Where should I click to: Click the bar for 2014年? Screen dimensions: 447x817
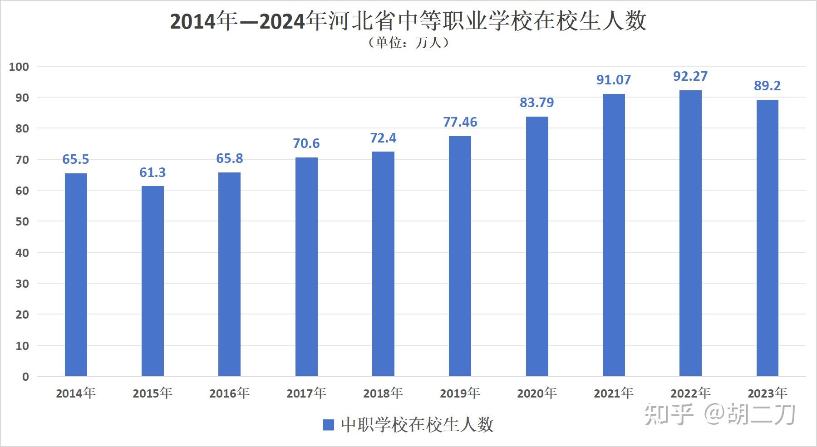pyautogui.click(x=76, y=275)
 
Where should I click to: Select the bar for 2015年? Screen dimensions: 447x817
pyautogui.click(x=153, y=281)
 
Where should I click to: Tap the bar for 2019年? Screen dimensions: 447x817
pyautogui.click(x=460, y=256)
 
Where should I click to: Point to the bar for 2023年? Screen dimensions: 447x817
pyautogui.click(x=767, y=238)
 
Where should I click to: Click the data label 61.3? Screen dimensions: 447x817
pyautogui.click(x=153, y=172)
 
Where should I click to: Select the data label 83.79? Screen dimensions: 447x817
pyautogui.click(x=536, y=103)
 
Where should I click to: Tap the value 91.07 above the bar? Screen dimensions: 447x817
pyautogui.click(x=613, y=80)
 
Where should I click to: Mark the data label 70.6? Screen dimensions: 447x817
pyautogui.click(x=306, y=143)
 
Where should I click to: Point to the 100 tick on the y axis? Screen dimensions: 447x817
pyautogui.click(x=19, y=67)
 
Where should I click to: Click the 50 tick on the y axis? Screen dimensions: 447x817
pyautogui.click(x=22, y=221)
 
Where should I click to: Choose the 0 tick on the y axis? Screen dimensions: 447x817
pyautogui.click(x=25, y=376)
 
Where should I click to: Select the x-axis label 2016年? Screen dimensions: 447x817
pyautogui.click(x=229, y=393)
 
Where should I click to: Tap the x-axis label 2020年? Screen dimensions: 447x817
pyautogui.click(x=536, y=393)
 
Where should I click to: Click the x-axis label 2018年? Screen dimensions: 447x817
pyautogui.click(x=383, y=393)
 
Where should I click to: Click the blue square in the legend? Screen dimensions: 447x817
pyautogui.click(x=328, y=425)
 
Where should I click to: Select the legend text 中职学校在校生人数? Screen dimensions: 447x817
pyautogui.click(x=417, y=425)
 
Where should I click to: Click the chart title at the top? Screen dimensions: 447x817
pyautogui.click(x=408, y=21)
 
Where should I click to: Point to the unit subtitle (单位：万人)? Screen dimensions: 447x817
pyautogui.click(x=408, y=43)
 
